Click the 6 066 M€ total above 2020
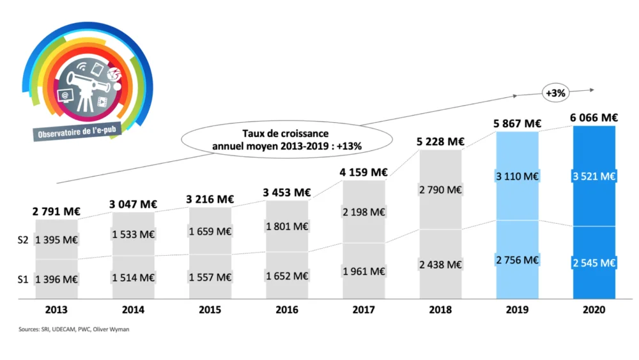point(594,118)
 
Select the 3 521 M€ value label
point(594,176)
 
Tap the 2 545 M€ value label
point(594,262)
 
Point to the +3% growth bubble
point(555,93)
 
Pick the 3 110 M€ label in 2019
point(517,176)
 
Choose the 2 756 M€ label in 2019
point(517,260)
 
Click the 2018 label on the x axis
point(440,310)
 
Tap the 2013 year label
point(56,310)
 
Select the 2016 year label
point(287,310)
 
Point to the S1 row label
point(23,279)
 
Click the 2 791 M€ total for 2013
point(56,211)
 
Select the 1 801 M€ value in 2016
point(287,226)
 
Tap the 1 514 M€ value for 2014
point(133,277)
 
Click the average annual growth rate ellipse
point(287,139)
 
